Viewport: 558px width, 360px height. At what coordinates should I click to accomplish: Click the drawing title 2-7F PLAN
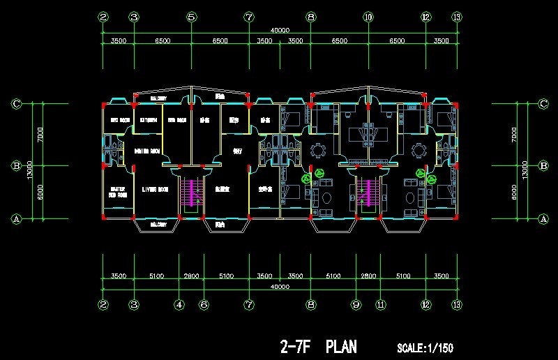tap(318, 347)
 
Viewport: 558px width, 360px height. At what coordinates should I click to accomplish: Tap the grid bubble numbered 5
tap(191, 17)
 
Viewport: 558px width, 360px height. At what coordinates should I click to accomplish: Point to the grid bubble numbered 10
tap(368, 17)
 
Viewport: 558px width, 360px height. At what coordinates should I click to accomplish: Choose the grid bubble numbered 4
tap(179, 304)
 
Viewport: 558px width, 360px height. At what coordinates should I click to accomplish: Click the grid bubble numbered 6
tap(204, 304)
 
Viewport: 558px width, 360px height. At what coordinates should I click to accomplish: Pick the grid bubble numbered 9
tap(356, 304)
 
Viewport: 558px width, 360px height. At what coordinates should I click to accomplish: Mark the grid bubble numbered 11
tap(381, 304)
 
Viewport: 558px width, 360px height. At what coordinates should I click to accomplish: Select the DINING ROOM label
tap(148, 151)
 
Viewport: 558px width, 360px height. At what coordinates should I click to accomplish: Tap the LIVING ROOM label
tap(156, 189)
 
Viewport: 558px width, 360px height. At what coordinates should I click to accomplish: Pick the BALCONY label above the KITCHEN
tap(156, 98)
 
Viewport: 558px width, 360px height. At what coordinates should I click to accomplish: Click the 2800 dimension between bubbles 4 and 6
tap(191, 276)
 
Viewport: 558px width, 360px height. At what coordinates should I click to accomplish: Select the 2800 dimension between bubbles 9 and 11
tap(368, 276)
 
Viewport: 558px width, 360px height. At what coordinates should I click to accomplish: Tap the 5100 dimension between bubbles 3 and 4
tap(156, 276)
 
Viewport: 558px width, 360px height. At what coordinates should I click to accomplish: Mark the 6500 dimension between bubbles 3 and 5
tap(163, 41)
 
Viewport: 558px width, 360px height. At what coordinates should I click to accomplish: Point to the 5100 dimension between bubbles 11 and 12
tap(402, 276)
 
